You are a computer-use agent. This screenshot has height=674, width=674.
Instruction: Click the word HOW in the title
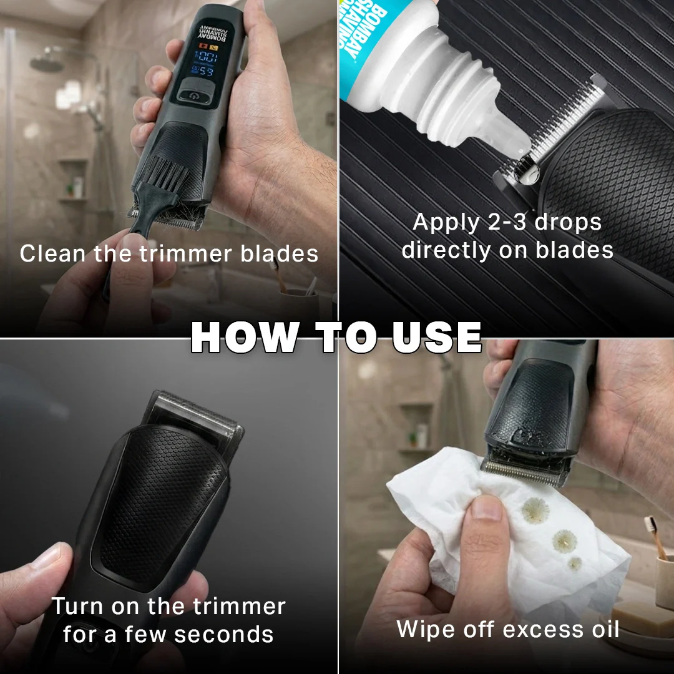tap(245, 337)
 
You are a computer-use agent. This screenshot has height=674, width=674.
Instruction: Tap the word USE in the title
tap(437, 337)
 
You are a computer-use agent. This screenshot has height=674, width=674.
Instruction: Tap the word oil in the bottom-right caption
tap(605, 629)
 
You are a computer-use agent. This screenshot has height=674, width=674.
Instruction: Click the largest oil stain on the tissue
tap(535, 510)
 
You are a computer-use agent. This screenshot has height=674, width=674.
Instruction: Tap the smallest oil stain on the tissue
tap(574, 563)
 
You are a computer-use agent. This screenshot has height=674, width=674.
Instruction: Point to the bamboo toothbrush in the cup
tap(656, 537)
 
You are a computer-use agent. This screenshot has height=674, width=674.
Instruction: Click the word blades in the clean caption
tap(280, 253)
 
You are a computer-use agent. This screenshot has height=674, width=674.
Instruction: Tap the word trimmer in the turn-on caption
tap(239, 607)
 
